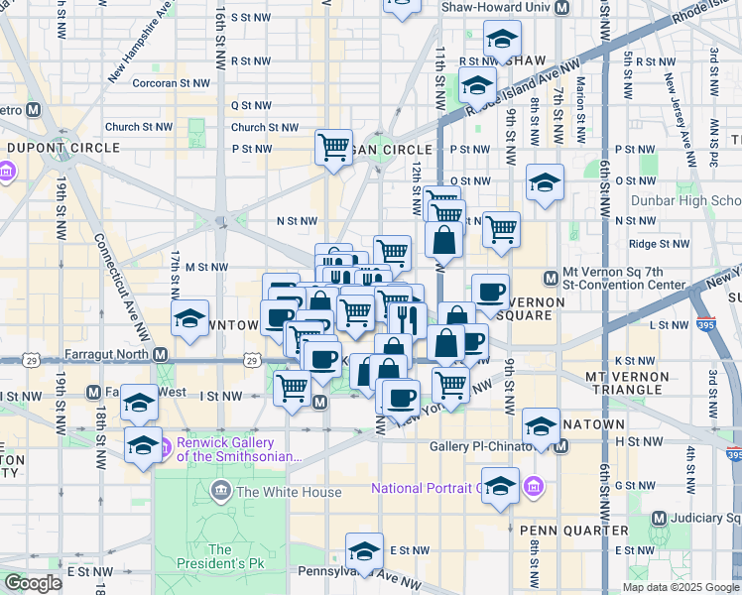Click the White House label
point(278,491)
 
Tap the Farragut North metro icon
point(160,354)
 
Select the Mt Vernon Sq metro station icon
point(552,278)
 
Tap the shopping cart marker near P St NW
point(334,147)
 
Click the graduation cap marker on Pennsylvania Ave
point(364,551)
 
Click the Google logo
point(33,583)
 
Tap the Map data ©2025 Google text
point(680,587)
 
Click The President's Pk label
point(219,557)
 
